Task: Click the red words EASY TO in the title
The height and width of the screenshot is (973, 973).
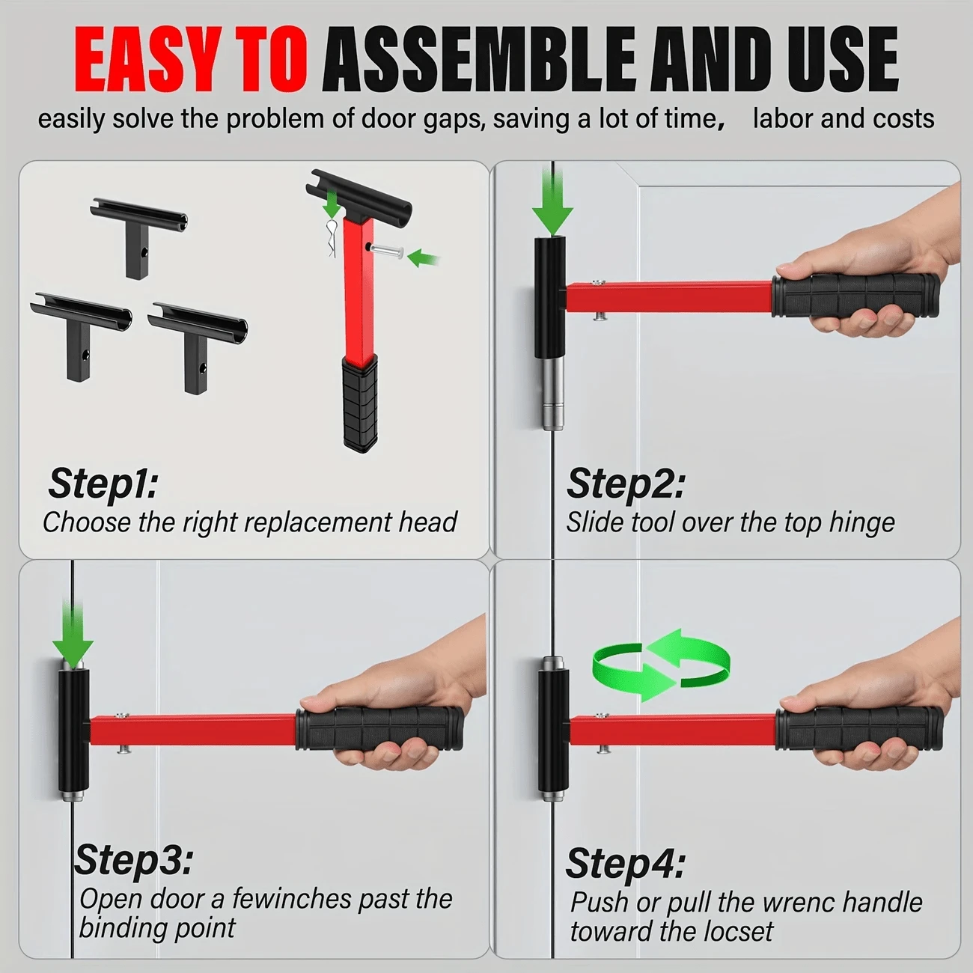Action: point(191,61)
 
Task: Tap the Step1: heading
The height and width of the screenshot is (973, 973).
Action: point(103,484)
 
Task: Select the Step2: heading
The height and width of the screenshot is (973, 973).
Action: point(625,484)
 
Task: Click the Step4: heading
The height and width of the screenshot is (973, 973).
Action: point(625,864)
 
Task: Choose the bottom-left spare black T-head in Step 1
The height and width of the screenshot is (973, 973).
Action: point(81,329)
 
